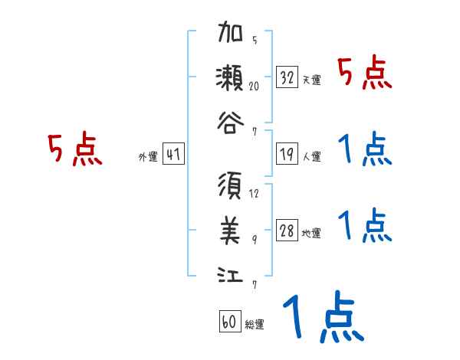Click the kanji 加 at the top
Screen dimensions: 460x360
[231, 35]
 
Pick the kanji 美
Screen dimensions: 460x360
[231, 228]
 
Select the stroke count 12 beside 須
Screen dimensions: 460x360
[254, 194]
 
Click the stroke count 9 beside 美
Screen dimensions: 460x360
[254, 238]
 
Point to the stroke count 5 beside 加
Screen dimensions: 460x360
[254, 41]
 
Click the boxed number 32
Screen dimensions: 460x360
[287, 77]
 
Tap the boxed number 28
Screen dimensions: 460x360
[287, 231]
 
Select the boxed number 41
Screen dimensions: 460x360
[172, 155]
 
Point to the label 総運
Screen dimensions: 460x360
[254, 325]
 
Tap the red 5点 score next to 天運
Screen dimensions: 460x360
[365, 74]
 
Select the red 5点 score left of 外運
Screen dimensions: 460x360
[74, 149]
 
